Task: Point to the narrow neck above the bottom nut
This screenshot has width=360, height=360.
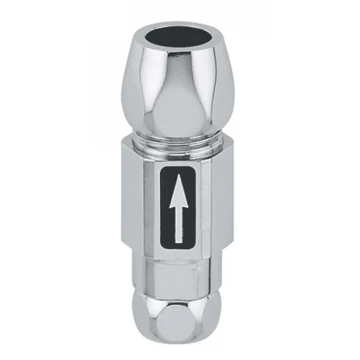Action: pyautogui.click(x=180, y=280)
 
